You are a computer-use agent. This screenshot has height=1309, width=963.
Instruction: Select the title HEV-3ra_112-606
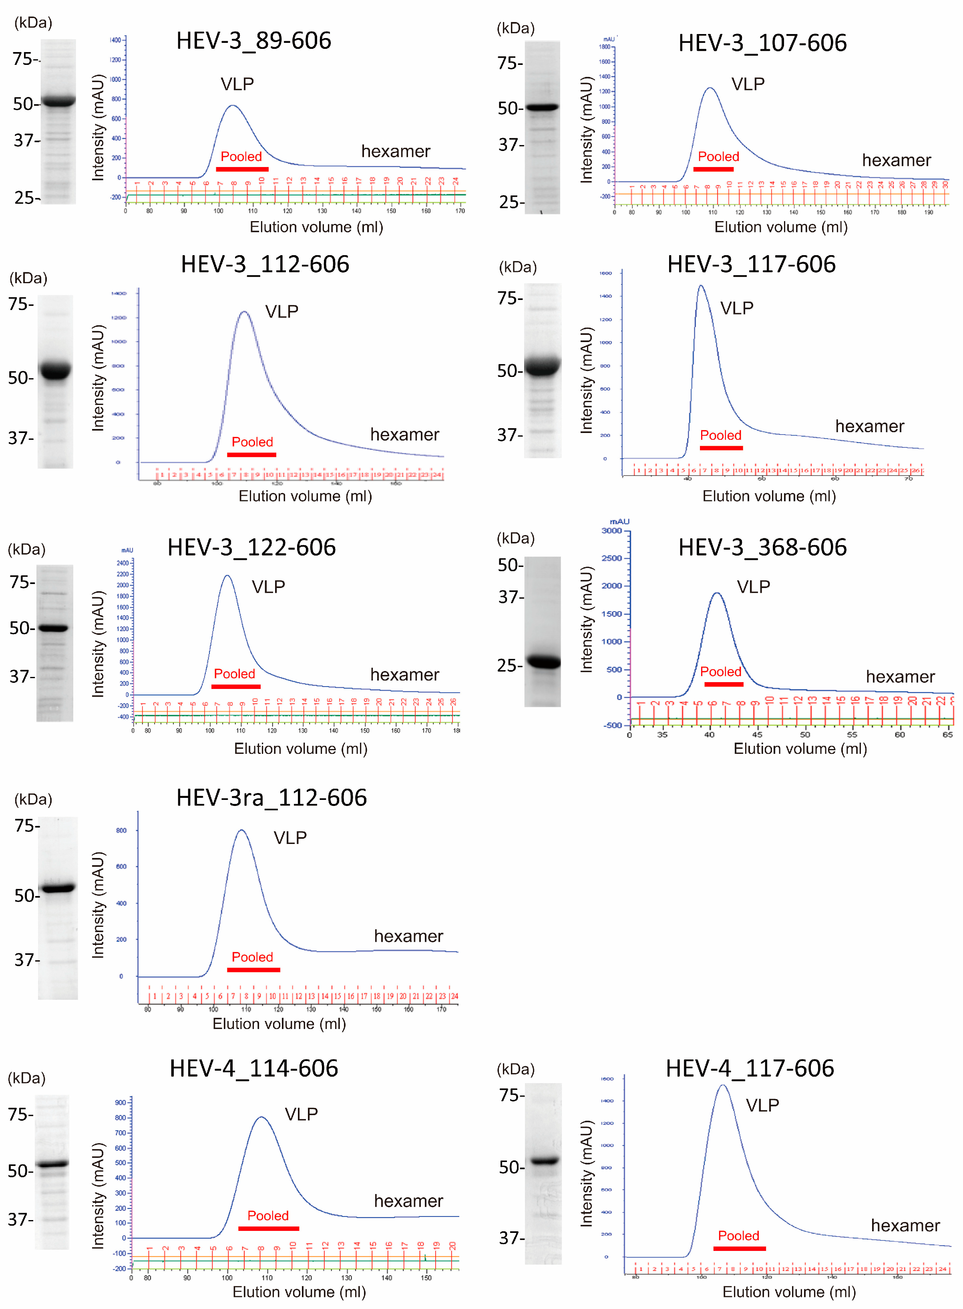tap(271, 797)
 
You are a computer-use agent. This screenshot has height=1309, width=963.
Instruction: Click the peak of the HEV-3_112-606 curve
tap(244, 312)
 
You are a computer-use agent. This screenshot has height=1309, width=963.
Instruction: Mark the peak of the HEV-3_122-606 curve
tap(227, 576)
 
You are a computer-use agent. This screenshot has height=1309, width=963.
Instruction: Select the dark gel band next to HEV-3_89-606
tap(58, 101)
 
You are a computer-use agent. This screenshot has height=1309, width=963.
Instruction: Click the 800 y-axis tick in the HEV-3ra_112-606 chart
tap(121, 830)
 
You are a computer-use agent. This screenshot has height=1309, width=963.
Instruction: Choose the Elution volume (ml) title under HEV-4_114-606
tap(299, 1291)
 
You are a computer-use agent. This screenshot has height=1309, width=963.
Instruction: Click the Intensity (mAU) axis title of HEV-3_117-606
tap(587, 380)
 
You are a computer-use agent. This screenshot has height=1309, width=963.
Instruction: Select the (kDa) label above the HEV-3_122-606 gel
tap(26, 549)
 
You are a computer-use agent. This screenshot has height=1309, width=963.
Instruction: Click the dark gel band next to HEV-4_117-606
tap(544, 1160)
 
